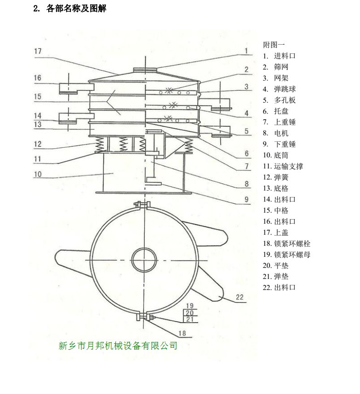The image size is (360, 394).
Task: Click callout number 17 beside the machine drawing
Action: [38, 51]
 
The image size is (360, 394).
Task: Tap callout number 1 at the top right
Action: [246, 51]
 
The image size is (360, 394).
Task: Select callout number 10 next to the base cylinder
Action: [38, 174]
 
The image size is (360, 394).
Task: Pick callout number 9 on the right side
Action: [246, 199]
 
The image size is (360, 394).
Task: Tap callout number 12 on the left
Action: [38, 144]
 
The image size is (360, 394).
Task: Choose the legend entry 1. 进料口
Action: [279, 56]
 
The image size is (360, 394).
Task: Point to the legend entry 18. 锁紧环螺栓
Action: [286, 243]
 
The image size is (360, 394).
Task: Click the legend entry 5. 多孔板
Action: [279, 100]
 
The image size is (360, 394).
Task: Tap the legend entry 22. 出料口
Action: [279, 288]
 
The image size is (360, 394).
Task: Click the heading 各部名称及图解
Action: [70, 9]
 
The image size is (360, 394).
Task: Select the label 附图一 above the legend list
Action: [274, 45]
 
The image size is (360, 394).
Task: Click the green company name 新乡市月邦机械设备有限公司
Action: [118, 345]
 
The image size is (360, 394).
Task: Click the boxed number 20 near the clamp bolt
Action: [189, 313]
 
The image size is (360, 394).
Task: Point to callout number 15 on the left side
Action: [38, 96]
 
